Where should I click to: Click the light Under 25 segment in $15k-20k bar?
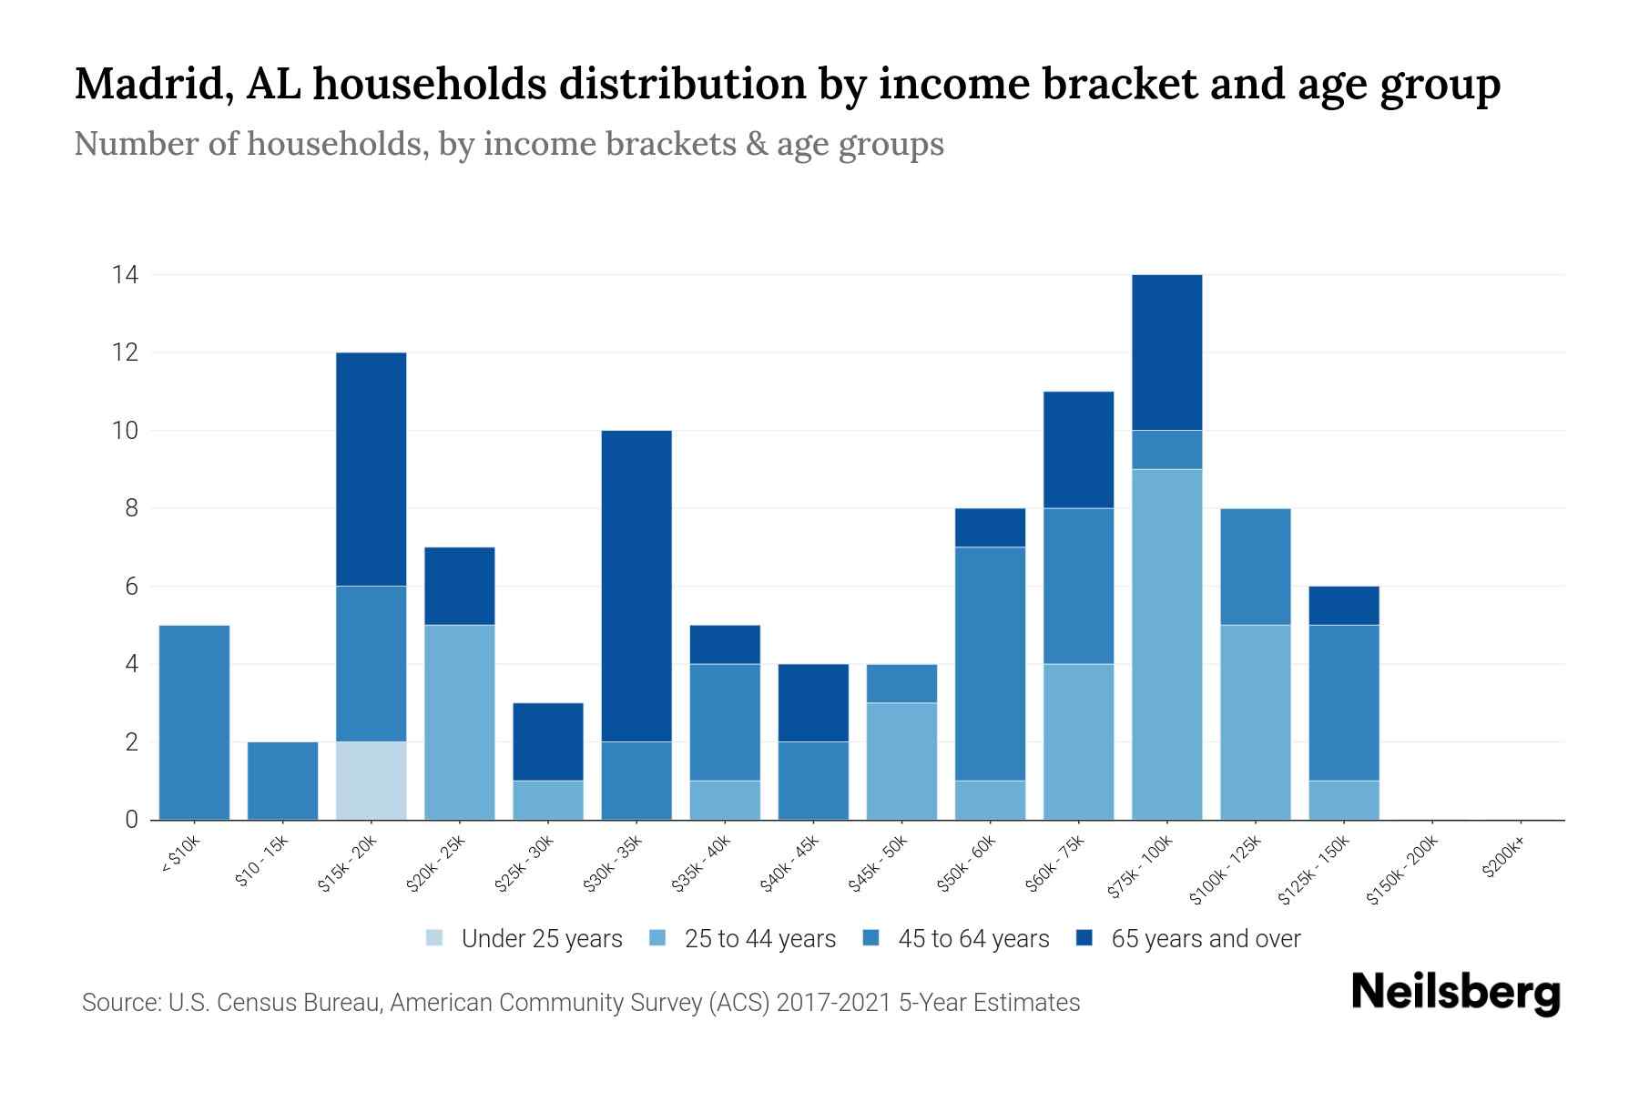[372, 781]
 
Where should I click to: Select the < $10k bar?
[194, 722]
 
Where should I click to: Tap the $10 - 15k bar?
[283, 781]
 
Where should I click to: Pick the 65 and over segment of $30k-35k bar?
[636, 586]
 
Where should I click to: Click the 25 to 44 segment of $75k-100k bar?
[1166, 644]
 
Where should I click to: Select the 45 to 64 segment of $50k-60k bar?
[990, 664]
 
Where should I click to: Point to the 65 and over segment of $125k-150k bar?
[1344, 606]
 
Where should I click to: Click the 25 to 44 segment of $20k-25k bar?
[460, 722]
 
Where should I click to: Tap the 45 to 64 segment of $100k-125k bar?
[1256, 567]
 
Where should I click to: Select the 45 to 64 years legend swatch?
[871, 938]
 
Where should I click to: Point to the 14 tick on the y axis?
[125, 274]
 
